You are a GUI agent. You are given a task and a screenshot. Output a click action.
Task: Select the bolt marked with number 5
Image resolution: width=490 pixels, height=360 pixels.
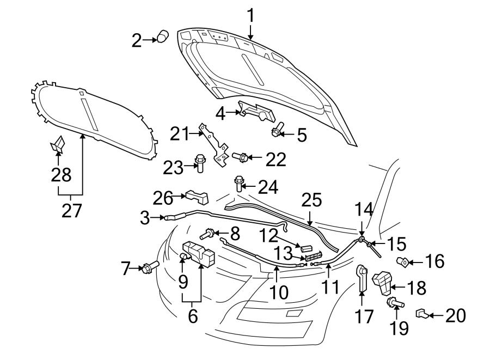(277, 131)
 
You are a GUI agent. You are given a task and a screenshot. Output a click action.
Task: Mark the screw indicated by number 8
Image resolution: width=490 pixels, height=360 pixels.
(207, 234)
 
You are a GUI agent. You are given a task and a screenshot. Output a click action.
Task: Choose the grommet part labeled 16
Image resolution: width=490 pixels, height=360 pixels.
(403, 261)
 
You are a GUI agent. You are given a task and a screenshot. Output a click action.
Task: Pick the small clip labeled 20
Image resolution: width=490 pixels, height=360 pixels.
(421, 313)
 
